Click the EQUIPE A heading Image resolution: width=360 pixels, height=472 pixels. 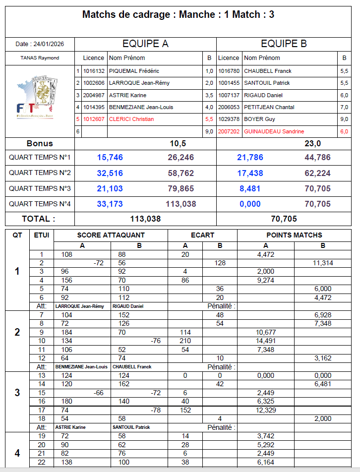[145, 44]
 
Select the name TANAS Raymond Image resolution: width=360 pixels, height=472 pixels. [40, 58]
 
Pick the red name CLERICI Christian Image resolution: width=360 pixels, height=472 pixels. [131, 119]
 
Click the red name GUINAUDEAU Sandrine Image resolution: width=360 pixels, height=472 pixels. [274, 131]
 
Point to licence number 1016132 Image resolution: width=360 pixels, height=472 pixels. [94, 71]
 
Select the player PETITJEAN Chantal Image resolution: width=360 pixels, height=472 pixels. [269, 107]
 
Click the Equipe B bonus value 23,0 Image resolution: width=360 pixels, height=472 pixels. [312, 143]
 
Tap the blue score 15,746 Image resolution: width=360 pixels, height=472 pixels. [110, 158]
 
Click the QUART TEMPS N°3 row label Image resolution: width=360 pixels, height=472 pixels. [40, 188]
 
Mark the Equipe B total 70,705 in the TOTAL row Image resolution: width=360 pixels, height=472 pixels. [283, 219]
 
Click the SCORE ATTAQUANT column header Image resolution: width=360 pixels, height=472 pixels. [111, 235]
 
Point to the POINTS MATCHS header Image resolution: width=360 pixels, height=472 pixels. [294, 235]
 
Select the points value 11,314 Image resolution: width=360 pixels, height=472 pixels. [323, 263]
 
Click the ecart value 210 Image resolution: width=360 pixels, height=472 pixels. [185, 341]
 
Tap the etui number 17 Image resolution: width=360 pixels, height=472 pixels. [42, 410]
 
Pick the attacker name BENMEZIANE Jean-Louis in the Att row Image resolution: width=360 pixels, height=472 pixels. [81, 367]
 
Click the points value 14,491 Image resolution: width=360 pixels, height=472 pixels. [266, 341]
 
